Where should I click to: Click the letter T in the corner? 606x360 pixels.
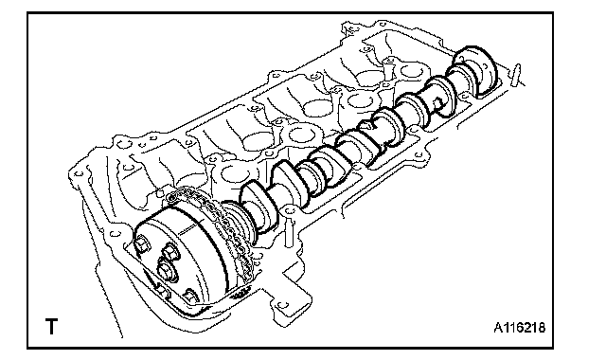[x=51, y=326]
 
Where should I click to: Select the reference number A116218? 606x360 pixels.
[x=520, y=328]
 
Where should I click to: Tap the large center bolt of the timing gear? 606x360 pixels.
[x=167, y=270]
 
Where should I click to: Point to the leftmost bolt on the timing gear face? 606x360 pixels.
[x=141, y=244]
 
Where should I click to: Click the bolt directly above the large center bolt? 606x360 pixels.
[x=170, y=252]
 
